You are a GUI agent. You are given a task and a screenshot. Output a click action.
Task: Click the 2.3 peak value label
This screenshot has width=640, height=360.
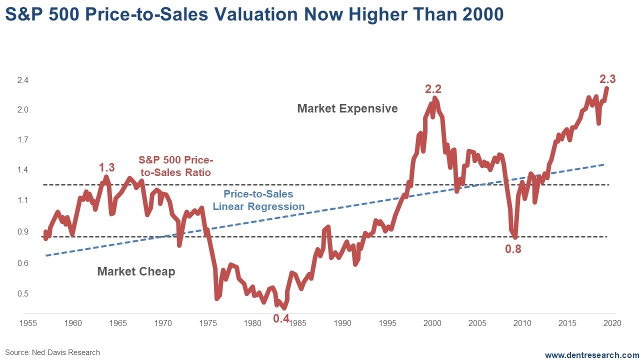click(607, 79)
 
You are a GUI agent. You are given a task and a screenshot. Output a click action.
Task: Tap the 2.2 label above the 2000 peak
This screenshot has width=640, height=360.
click(433, 89)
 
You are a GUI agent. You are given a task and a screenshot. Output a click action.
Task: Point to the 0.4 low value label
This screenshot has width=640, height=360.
click(281, 318)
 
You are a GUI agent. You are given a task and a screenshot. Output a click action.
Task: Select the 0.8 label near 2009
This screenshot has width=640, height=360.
click(513, 248)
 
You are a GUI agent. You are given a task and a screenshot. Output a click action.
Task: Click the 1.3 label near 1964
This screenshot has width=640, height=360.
click(107, 167)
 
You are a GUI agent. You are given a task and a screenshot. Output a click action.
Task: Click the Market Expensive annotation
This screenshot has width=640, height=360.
click(347, 108)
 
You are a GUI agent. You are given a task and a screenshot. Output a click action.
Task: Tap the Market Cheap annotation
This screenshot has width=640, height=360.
click(136, 271)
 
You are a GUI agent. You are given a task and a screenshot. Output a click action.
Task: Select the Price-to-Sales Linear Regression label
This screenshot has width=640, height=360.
click(258, 200)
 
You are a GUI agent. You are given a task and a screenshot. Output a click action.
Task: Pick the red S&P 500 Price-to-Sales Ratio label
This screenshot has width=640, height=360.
click(175, 166)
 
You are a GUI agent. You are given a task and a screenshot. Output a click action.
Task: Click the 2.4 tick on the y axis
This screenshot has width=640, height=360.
click(23, 80)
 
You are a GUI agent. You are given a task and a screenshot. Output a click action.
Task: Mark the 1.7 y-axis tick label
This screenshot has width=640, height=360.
click(23, 140)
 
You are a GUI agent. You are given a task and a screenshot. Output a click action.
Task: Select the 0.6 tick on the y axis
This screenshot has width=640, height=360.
click(23, 263)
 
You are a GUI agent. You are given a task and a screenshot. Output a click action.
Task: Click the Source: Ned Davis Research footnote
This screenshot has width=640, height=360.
click(53, 352)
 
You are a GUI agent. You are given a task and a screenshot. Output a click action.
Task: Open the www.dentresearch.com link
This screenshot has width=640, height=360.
click(592, 355)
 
